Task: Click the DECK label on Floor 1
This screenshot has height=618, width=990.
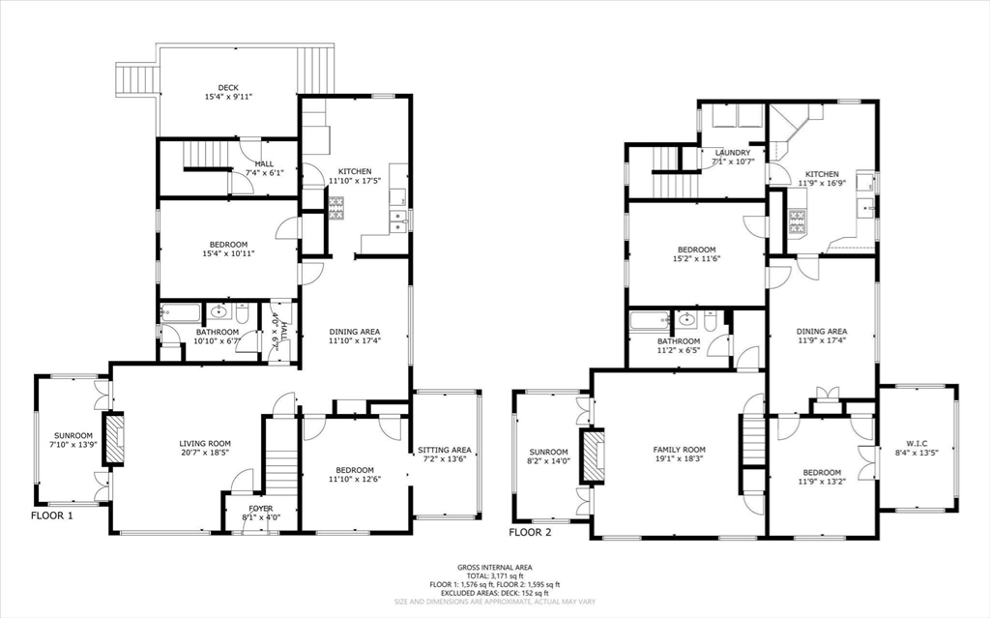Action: pyautogui.click(x=227, y=88)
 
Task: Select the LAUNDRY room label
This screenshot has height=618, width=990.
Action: pyautogui.click(x=732, y=153)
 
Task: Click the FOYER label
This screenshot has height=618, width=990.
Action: pyautogui.click(x=260, y=508)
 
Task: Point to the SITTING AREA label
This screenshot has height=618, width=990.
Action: pyautogui.click(x=445, y=450)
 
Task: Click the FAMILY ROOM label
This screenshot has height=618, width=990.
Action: pyautogui.click(x=679, y=450)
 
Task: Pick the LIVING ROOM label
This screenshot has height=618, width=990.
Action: pyautogui.click(x=204, y=444)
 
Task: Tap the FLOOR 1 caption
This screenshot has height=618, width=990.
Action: pyautogui.click(x=51, y=516)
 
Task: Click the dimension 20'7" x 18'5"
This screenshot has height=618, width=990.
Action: pyautogui.click(x=204, y=454)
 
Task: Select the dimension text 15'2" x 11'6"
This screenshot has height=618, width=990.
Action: pyautogui.click(x=695, y=259)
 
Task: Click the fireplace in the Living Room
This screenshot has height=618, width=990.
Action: pyautogui.click(x=114, y=441)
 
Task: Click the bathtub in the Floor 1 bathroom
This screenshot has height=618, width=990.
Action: pyautogui.click(x=181, y=312)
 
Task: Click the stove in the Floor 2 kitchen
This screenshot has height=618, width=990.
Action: pyautogui.click(x=798, y=225)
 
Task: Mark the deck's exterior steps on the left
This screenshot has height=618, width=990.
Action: pyautogui.click(x=135, y=79)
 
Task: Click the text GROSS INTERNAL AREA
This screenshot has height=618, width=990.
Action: pyautogui.click(x=493, y=568)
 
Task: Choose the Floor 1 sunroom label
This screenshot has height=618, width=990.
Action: pyautogui.click(x=73, y=435)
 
